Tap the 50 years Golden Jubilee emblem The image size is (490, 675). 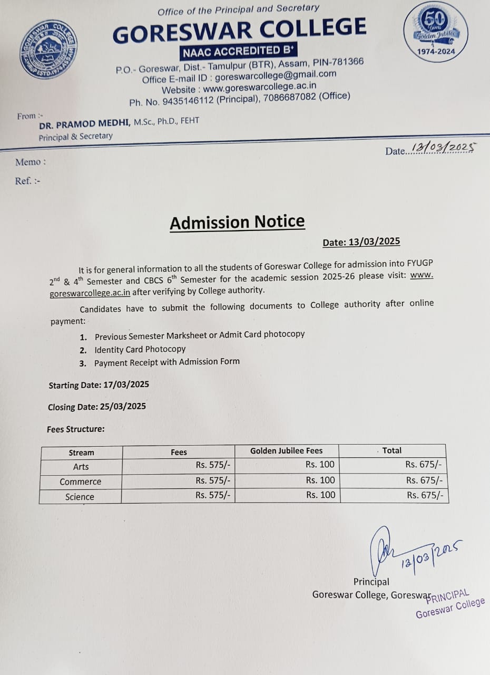(x=436, y=31)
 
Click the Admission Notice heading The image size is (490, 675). (x=237, y=223)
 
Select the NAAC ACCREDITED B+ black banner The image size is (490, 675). (x=239, y=51)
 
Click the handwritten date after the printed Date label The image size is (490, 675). (x=444, y=148)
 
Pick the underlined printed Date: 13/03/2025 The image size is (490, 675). (x=361, y=242)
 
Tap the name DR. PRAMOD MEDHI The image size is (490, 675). (x=85, y=124)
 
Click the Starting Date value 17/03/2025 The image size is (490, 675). (x=126, y=384)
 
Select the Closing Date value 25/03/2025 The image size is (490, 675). (x=122, y=407)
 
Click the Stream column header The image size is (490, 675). (x=81, y=452)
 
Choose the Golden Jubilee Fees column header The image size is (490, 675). (x=286, y=451)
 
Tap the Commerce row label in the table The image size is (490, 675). (x=80, y=481)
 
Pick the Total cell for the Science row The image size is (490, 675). (x=425, y=495)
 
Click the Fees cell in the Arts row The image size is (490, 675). (x=213, y=465)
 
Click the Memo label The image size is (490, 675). (x=31, y=162)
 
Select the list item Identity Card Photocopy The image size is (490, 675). (x=140, y=349)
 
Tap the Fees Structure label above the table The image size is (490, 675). (x=76, y=429)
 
